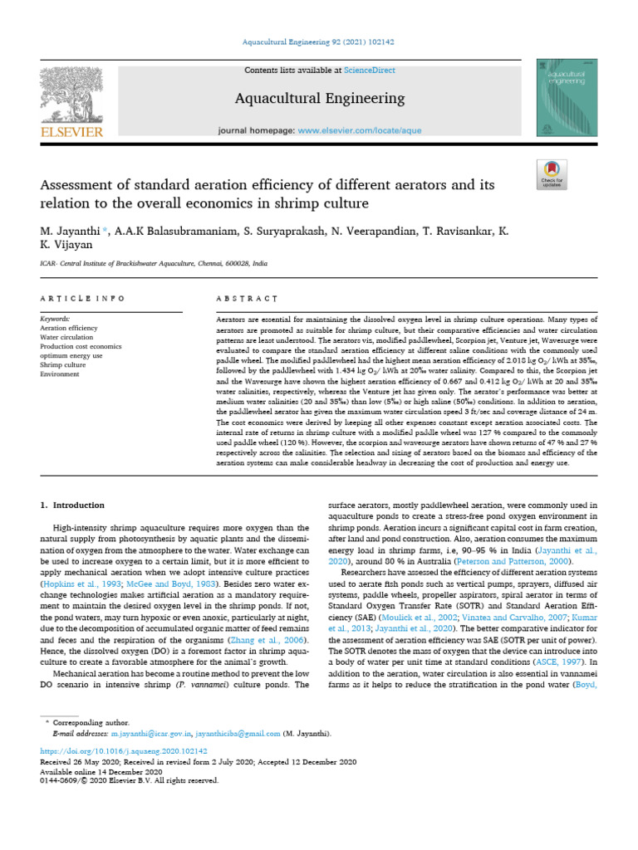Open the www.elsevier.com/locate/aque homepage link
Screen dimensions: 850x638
[x=352, y=131]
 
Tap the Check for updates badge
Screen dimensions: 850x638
[x=552, y=172]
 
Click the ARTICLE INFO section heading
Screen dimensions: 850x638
[x=82, y=298]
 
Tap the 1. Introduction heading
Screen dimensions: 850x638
[x=73, y=505]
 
